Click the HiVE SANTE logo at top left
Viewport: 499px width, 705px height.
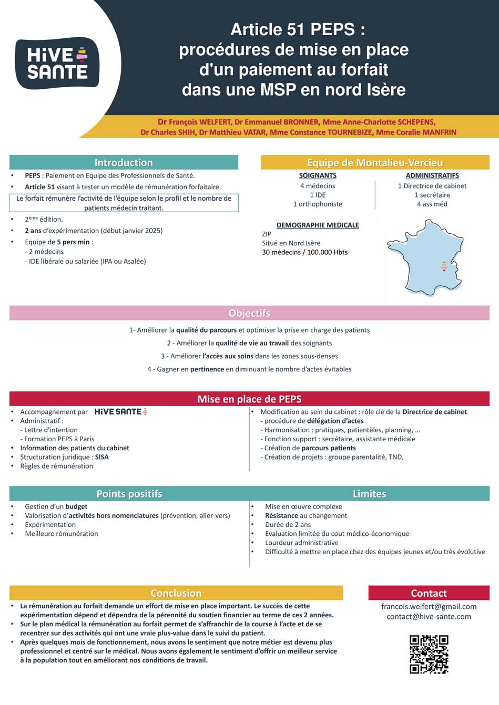(x=57, y=63)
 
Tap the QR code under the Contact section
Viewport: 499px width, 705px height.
(x=429, y=654)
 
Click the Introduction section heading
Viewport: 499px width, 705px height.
(x=124, y=162)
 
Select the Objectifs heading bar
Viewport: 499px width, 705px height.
(x=249, y=313)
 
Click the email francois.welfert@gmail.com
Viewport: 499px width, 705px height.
(x=429, y=606)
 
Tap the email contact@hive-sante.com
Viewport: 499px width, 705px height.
(x=429, y=616)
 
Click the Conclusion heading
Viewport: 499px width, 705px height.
(x=176, y=593)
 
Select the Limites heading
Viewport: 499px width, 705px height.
(x=369, y=494)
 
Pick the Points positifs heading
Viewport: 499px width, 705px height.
(x=129, y=494)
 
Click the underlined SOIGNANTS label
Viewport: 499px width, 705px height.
(x=318, y=175)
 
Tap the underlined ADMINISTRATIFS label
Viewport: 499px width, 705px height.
(x=432, y=175)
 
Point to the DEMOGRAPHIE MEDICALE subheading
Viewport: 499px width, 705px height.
(x=318, y=225)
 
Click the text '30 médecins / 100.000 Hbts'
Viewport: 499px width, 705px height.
(x=304, y=252)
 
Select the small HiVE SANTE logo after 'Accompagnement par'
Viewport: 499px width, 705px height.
(x=121, y=412)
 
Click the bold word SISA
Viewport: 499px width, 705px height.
(x=102, y=457)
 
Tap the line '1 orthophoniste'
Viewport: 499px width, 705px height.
(x=318, y=204)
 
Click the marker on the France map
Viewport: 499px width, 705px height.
(x=444, y=266)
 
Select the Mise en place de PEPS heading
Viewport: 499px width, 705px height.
(x=249, y=399)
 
